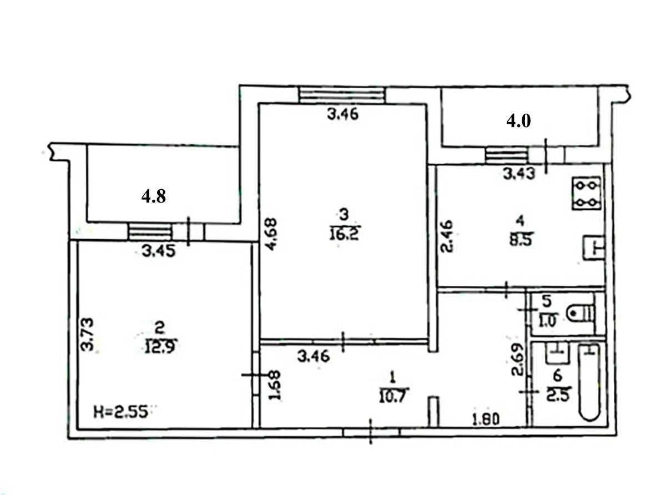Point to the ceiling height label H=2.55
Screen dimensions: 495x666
(x=123, y=412)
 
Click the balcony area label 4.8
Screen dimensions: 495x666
(x=154, y=196)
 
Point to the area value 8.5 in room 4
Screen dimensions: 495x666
(x=519, y=241)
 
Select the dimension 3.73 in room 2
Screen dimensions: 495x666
(x=87, y=334)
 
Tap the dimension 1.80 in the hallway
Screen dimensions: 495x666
(x=486, y=419)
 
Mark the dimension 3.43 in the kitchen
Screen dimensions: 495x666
(x=518, y=174)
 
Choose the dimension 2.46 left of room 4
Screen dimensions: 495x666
(x=448, y=236)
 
